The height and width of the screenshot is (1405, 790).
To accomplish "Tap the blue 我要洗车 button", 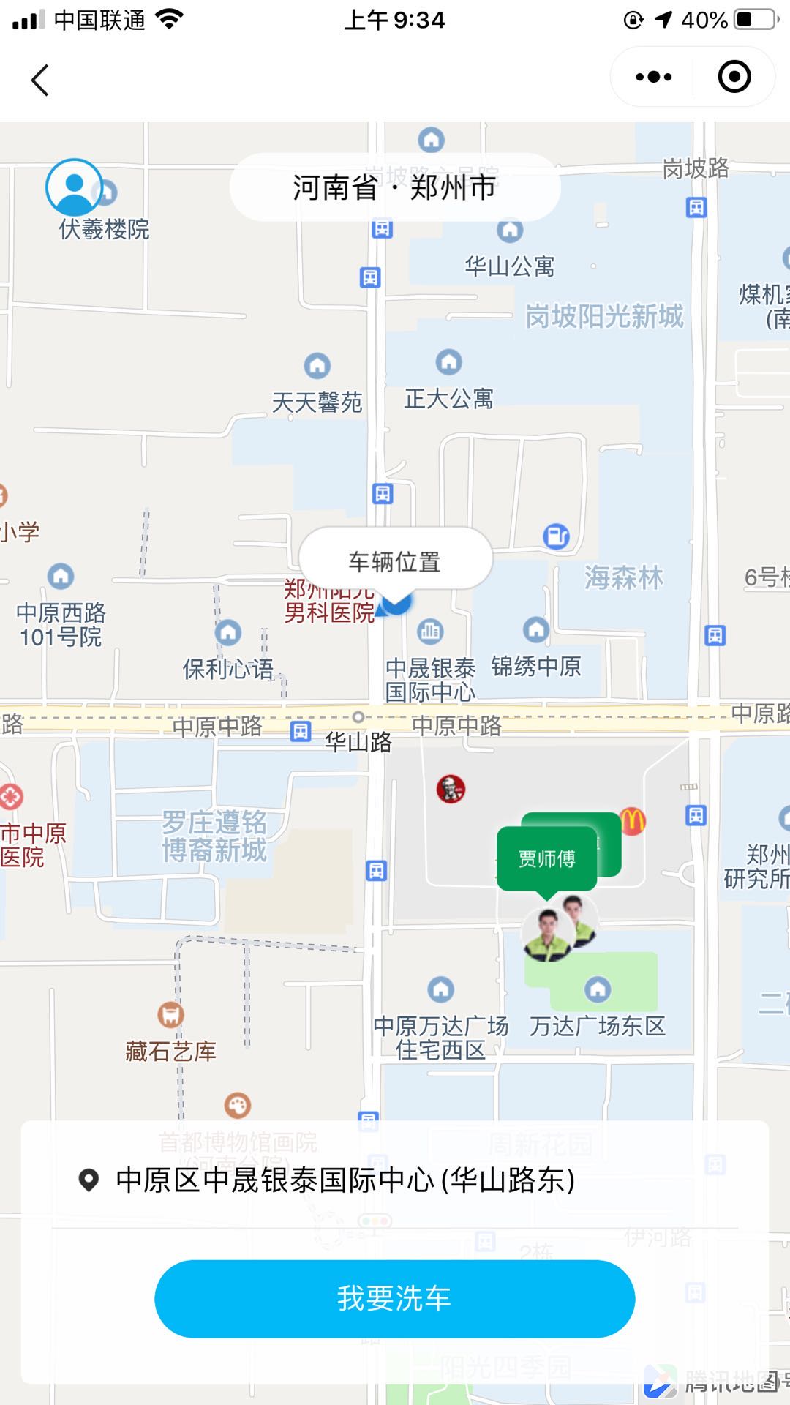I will coord(394,1298).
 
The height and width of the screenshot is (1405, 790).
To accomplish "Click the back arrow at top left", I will coord(40,80).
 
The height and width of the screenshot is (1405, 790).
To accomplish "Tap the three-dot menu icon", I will coord(653,77).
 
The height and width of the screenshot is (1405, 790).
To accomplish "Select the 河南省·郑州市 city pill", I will coord(394,187).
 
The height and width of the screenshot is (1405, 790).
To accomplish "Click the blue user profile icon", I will coord(74,187).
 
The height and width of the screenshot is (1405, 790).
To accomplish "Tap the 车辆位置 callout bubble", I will coord(394,561).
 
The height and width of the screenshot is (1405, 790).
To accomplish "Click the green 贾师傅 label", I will coord(546,858).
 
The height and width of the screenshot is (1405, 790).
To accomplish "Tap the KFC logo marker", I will coord(451,789).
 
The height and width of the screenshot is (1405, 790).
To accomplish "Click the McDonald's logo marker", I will coord(633,821).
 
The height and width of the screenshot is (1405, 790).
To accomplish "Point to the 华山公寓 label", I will coord(509,266).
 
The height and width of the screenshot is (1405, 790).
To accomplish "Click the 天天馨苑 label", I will coord(317,402).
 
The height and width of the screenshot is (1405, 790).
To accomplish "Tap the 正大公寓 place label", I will coord(448,399).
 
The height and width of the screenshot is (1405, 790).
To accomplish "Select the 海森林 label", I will coord(623,578).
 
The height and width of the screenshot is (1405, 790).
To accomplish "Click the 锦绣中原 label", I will coord(535,667).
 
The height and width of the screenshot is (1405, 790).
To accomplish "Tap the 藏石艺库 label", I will coord(170,1052).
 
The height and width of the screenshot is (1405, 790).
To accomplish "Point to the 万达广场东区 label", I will coord(597,1026).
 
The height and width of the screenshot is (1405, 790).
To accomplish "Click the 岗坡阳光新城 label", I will coord(604,317).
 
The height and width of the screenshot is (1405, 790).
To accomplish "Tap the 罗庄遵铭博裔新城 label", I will coord(214,836).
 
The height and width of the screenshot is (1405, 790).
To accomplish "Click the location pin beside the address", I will coord(89,1180).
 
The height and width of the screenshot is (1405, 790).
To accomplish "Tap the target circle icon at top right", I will coord(734,77).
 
